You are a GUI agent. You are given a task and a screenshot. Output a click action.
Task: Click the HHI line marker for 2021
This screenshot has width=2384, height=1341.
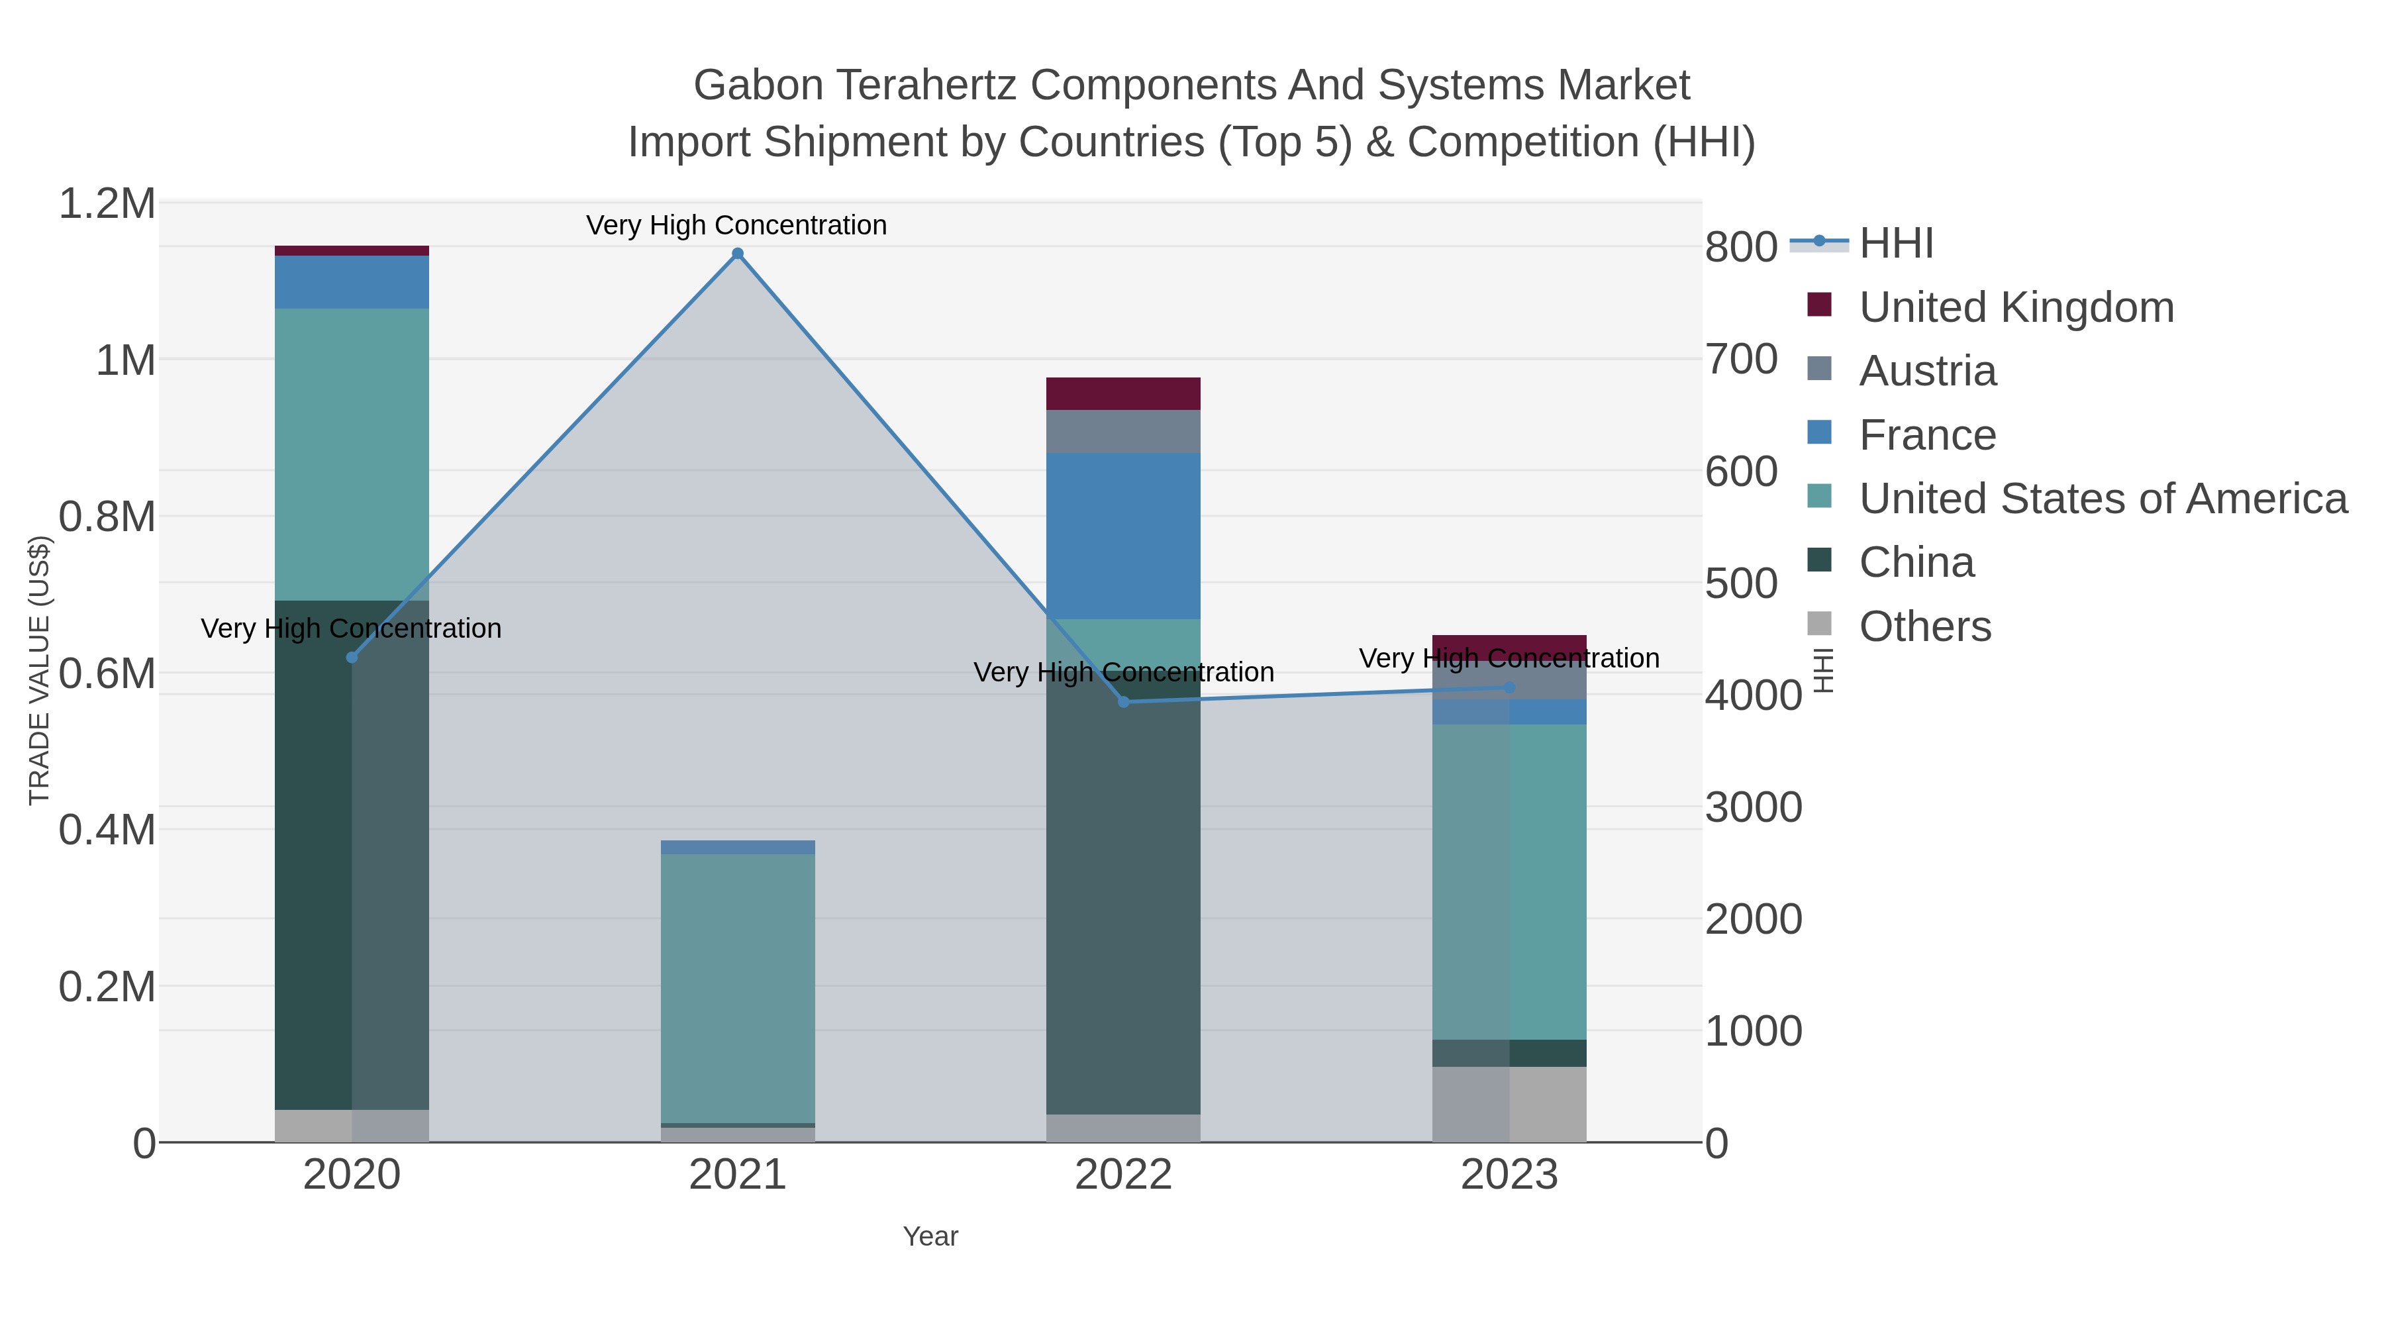coord(738,254)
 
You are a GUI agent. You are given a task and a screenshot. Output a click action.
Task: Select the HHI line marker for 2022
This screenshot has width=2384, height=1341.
coord(1124,701)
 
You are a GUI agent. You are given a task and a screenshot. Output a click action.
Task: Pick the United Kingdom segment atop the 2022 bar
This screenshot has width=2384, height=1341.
coord(1124,393)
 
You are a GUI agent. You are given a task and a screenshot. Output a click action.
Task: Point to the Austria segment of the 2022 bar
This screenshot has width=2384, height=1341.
coord(1124,431)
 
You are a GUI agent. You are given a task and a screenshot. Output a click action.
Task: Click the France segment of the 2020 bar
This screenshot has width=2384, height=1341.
coord(352,282)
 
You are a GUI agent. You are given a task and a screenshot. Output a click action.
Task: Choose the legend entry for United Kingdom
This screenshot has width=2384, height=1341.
coord(2016,307)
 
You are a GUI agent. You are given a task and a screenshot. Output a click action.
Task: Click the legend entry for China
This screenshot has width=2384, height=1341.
coord(1916,563)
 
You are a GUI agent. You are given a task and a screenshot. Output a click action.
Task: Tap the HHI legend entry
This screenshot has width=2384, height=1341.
coord(1895,244)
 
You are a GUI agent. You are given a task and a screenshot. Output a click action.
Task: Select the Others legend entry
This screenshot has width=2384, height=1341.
coord(1924,626)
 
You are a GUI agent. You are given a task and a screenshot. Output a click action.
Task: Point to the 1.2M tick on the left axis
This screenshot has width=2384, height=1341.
coord(107,203)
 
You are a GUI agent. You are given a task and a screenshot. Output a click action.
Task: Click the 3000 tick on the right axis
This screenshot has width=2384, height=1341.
coord(1753,807)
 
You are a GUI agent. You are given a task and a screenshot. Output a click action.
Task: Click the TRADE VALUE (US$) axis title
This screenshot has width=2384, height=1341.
coord(39,670)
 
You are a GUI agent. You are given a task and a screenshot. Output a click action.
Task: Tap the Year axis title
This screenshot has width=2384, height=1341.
coord(930,1236)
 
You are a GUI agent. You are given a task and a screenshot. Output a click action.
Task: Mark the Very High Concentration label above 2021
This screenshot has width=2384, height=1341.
coord(736,225)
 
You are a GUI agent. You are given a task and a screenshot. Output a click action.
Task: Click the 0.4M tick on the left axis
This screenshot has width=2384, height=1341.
coord(107,830)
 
